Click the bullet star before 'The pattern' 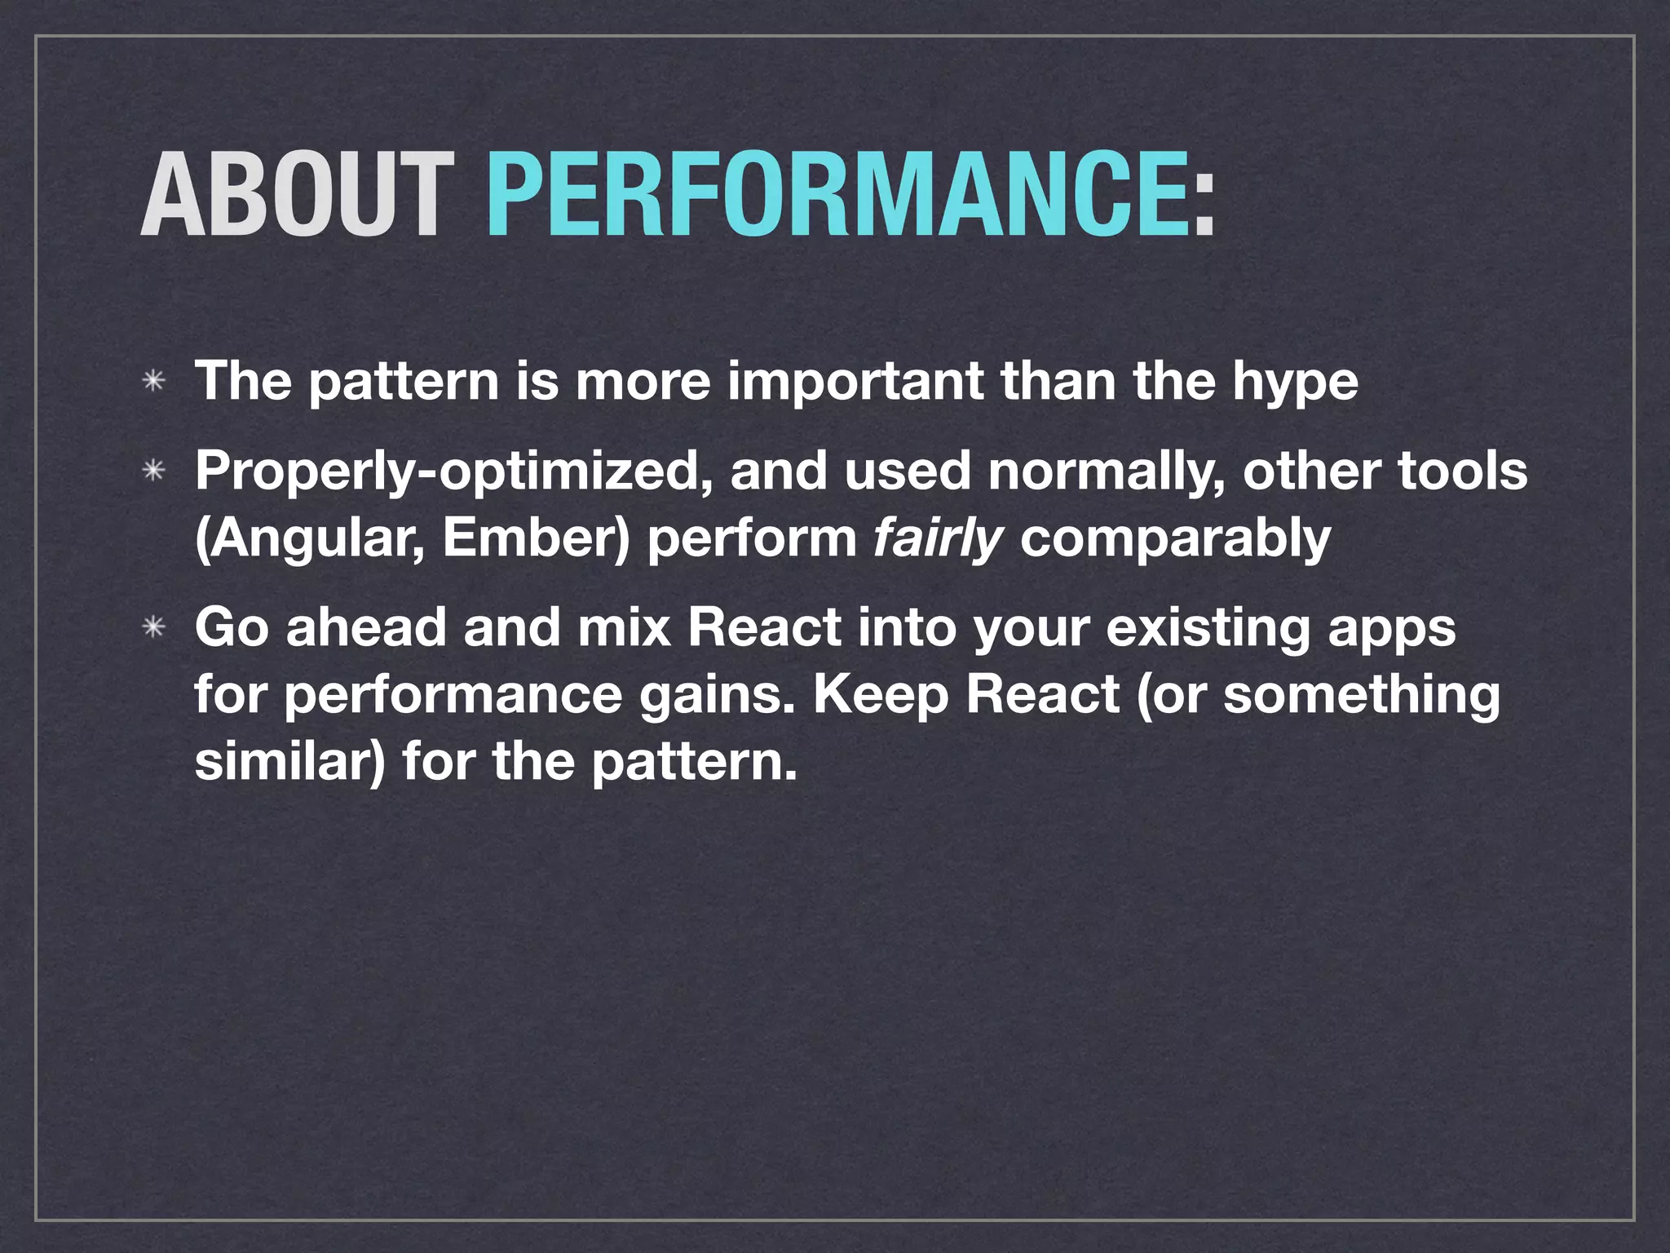[x=153, y=382]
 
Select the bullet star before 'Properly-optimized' [x=153, y=472]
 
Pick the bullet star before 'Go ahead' [x=153, y=628]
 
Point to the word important [x=855, y=382]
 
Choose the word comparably [x=1175, y=539]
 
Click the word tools [x=1463, y=472]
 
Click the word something [x=1361, y=695]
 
